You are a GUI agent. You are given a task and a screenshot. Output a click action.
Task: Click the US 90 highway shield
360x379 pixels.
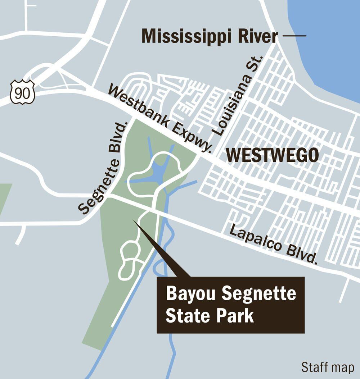(x=22, y=92)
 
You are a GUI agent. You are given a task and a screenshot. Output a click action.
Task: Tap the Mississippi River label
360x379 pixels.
(x=210, y=36)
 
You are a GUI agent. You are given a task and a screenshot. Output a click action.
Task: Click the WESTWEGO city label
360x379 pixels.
(x=272, y=155)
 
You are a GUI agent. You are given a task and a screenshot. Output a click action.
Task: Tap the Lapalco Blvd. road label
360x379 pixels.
(x=274, y=244)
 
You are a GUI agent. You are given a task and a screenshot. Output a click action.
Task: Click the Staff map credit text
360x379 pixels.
(x=328, y=367)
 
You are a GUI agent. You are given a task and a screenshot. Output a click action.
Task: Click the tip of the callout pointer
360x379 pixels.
(x=134, y=220)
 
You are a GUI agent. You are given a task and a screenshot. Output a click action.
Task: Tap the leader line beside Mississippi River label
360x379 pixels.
(x=294, y=36)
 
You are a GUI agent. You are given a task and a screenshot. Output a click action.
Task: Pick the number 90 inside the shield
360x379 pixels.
(x=22, y=93)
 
